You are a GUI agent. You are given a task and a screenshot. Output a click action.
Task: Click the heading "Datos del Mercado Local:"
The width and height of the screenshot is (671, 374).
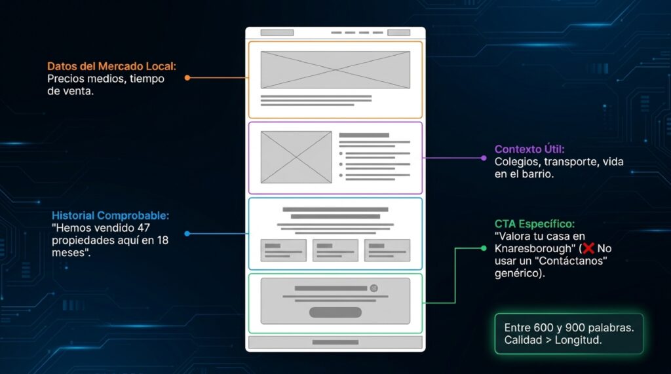[111, 66]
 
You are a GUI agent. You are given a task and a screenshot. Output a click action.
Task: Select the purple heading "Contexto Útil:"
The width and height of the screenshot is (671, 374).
[529, 149]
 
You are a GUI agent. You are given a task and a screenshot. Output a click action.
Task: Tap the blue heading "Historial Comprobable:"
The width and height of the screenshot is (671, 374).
[110, 215]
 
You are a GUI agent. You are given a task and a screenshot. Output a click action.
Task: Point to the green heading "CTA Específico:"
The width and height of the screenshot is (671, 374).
[535, 224]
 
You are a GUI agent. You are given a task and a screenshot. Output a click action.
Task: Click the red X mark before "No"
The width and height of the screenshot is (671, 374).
[588, 248]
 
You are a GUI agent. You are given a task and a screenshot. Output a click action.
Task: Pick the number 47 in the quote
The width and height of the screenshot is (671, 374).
[144, 228]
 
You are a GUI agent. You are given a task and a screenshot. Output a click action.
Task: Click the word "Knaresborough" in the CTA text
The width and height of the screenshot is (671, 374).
[533, 249]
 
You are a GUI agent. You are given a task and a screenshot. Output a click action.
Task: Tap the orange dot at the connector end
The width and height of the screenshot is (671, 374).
[187, 78]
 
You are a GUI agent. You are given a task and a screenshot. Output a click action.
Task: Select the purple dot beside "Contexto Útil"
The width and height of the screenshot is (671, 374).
[484, 158]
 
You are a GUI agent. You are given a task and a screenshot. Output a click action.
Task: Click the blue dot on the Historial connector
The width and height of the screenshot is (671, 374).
[187, 234]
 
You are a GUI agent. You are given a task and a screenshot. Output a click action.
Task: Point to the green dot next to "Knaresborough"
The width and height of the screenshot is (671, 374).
[484, 248]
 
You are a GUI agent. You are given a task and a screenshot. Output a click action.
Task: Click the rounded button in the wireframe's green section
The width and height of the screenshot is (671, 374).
[335, 312]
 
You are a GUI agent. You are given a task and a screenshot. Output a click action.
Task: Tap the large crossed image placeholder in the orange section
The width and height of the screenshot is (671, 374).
[335, 69]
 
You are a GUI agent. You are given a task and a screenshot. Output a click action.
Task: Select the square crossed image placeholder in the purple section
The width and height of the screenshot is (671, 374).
[296, 157]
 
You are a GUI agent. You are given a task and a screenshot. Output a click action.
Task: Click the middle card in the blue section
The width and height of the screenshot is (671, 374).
[335, 250]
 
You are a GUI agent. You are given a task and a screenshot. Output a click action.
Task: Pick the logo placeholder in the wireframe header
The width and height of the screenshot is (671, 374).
[277, 33]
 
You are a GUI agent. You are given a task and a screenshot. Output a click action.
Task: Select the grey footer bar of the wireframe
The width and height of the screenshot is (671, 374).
[335, 343]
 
